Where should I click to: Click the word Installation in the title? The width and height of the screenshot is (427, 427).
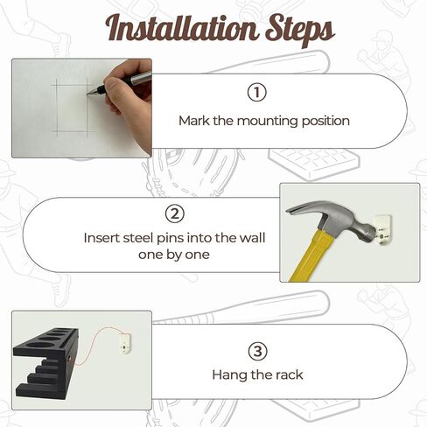(182, 29)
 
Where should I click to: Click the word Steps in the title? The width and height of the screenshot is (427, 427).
(299, 31)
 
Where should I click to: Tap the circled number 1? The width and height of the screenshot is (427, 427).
(256, 93)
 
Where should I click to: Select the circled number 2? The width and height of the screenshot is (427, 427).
(175, 213)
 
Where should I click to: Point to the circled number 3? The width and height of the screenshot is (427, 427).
(257, 351)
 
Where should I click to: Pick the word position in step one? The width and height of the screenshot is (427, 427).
(325, 122)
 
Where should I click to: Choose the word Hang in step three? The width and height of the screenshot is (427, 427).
(229, 375)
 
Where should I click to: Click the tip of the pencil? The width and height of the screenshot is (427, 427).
(87, 94)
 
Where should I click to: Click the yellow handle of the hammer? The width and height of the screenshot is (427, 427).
(307, 256)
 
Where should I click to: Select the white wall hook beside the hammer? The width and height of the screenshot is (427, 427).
(382, 232)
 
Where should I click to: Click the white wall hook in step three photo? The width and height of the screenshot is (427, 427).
(125, 344)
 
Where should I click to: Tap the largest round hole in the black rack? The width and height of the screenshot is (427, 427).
(40, 346)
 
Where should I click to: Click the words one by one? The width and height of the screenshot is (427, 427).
(174, 255)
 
